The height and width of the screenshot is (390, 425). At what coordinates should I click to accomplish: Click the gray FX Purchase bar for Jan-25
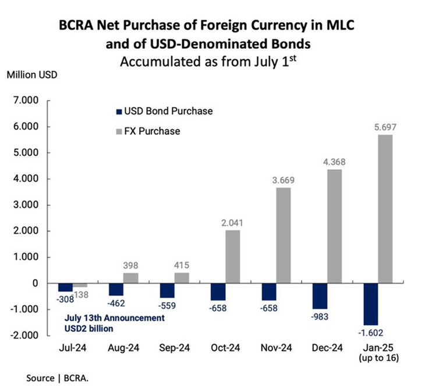(x=385, y=209)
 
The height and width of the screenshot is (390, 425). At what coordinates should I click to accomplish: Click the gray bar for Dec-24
(x=334, y=226)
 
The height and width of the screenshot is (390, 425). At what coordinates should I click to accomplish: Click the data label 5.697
(x=385, y=127)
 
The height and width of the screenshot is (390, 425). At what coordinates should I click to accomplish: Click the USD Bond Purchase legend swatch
(x=120, y=111)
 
